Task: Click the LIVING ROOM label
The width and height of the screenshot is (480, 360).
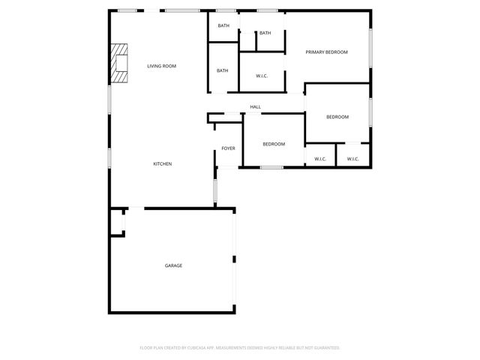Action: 161,66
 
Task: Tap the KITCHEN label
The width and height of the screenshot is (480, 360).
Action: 163,163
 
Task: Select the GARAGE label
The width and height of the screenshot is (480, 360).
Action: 173,265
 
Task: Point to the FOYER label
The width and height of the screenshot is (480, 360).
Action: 228,148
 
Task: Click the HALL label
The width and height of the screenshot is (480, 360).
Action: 255,107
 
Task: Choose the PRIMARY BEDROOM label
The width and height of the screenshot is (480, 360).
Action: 326,52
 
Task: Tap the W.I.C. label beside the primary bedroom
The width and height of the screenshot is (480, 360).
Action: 262,76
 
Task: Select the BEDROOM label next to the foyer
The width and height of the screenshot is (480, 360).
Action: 274,144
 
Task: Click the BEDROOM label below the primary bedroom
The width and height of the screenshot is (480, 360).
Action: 337,117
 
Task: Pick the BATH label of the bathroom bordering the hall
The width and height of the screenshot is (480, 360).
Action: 223,70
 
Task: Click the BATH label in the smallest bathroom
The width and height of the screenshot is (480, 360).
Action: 265,33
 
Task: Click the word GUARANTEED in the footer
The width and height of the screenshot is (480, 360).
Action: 325,348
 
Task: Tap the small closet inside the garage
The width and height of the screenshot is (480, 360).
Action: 117,223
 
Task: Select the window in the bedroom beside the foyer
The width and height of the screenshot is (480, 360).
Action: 271,167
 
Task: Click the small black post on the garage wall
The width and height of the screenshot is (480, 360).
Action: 234,259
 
